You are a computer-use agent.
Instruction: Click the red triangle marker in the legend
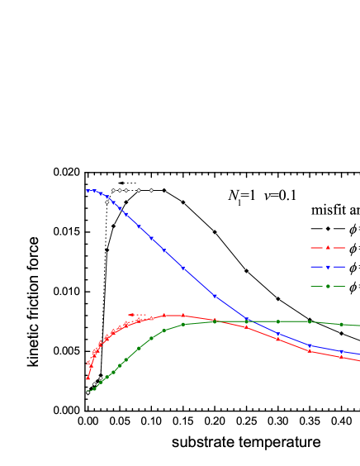click(328, 248)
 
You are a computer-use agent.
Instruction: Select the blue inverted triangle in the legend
click(328, 267)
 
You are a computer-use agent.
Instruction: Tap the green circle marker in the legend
click(328, 287)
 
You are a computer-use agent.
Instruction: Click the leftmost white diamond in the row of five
click(113, 190)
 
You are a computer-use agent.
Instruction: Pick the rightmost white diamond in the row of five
click(151, 190)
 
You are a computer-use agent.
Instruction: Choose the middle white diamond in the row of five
click(126, 190)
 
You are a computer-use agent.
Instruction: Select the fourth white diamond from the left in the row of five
click(139, 190)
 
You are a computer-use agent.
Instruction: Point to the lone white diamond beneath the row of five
click(107, 202)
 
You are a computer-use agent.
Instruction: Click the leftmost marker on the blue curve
click(88, 191)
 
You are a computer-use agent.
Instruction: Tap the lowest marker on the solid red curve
click(88, 378)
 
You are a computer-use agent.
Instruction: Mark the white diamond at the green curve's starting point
click(88, 392)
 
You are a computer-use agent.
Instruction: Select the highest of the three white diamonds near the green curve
click(101, 378)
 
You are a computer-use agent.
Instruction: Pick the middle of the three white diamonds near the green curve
click(94, 384)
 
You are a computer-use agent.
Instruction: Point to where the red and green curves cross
click(216, 321)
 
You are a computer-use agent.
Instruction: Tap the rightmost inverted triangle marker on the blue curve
click(341, 351)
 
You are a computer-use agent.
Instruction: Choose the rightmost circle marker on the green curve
click(341, 324)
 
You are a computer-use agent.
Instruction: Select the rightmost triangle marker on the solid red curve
click(341, 356)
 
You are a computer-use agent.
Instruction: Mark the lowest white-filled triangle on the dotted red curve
click(88, 363)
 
